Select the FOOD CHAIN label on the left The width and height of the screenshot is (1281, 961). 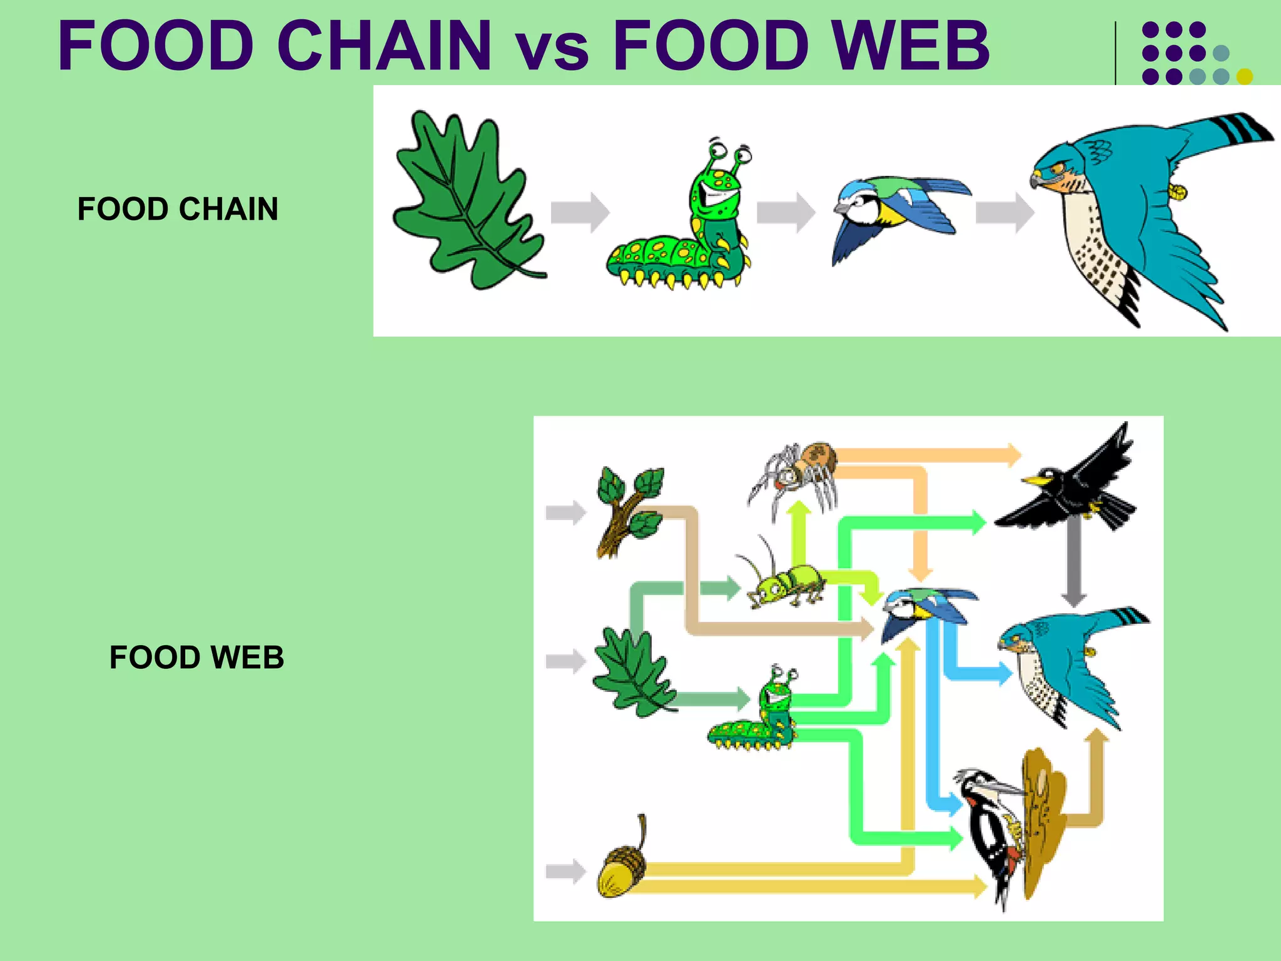(178, 209)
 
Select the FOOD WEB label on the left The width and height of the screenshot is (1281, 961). (196, 658)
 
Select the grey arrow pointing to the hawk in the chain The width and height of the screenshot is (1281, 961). (1004, 213)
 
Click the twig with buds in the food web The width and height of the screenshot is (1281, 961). (629, 510)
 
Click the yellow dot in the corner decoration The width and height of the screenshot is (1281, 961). (1245, 76)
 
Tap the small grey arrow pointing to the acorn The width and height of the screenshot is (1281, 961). (565, 871)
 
